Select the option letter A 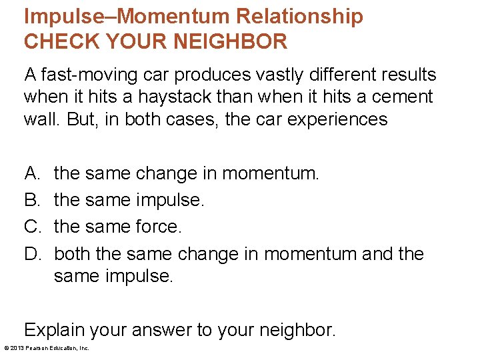pos(31,174)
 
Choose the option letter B pos(31,200)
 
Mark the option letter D pos(32,253)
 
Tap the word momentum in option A pos(269,174)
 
